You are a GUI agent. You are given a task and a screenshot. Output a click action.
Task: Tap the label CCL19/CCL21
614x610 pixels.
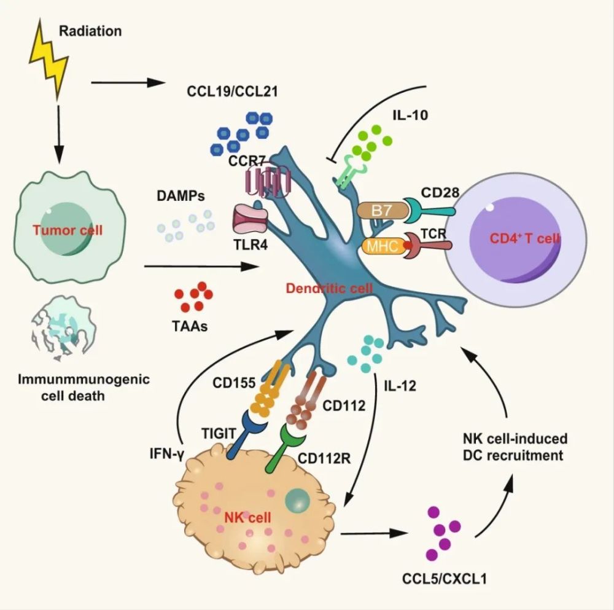tap(233, 92)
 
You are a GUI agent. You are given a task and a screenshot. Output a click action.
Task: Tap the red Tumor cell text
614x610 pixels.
tap(68, 231)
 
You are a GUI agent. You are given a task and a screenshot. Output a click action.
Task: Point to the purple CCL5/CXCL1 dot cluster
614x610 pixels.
tap(443, 533)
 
